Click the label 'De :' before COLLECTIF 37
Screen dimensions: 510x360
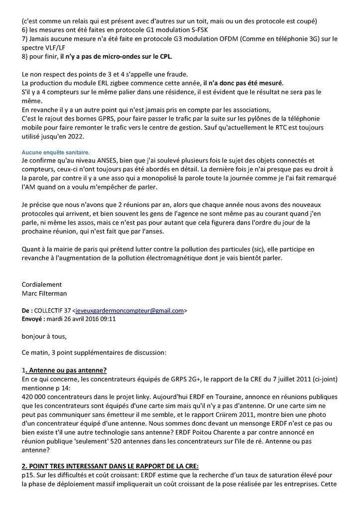(x=28, y=310)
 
